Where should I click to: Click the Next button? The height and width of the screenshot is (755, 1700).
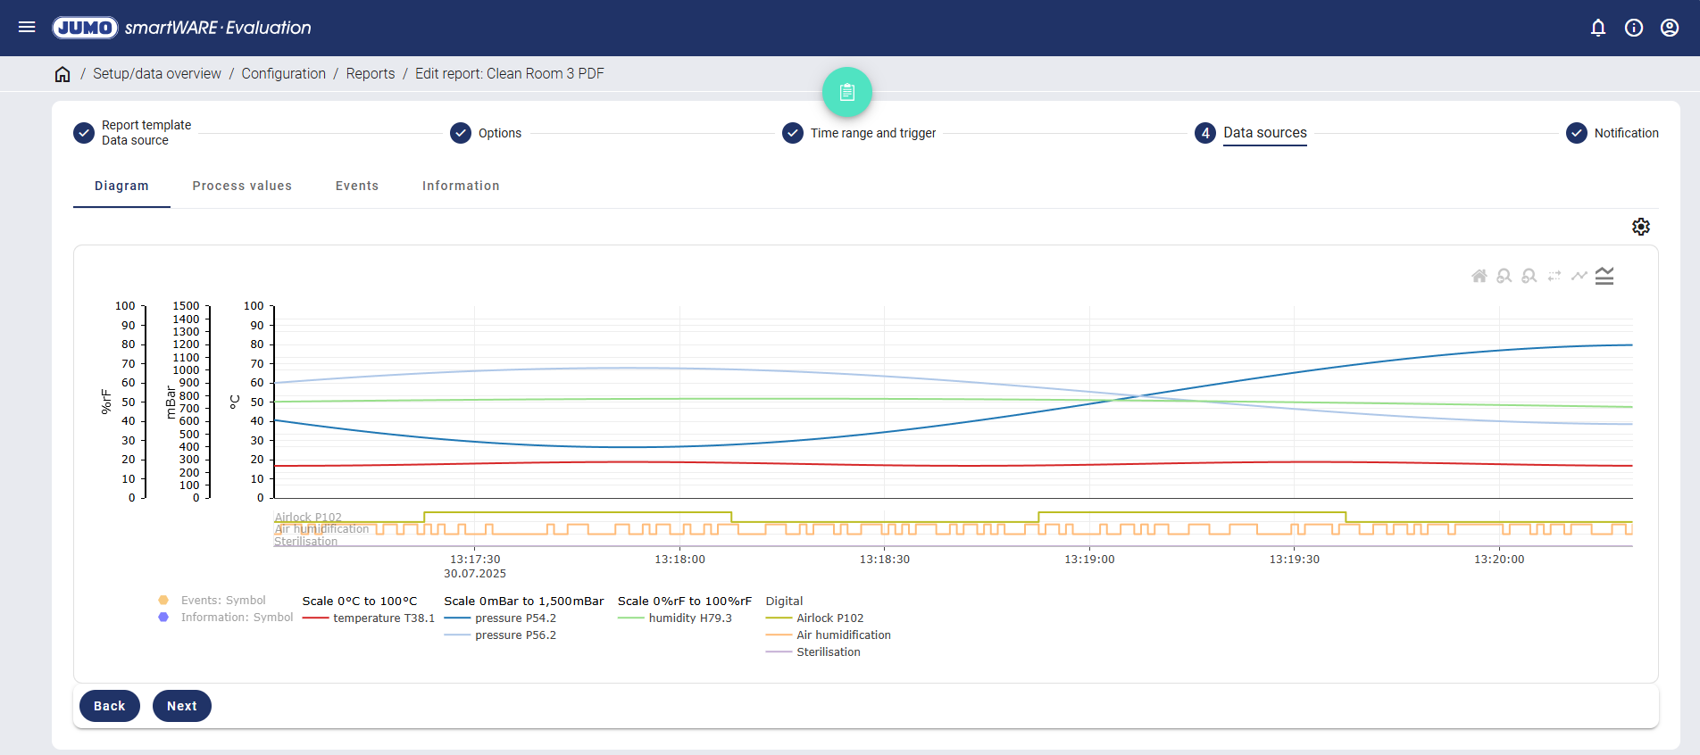coord(181,706)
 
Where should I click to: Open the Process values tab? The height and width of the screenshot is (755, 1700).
coord(242,186)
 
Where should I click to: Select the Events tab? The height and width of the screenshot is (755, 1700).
coord(357,186)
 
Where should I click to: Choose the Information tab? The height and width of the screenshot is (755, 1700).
coord(461,186)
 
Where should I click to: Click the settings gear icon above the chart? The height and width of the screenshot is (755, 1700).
coord(1641,227)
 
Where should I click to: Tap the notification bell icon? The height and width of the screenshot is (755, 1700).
coord(1598,28)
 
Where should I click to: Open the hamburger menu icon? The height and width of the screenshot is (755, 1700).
coord(27,28)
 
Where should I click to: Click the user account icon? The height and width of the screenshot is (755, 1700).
coord(1670,28)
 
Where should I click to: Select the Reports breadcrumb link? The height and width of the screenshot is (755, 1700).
coord(371,74)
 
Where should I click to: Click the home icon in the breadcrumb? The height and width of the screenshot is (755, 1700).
coord(62,74)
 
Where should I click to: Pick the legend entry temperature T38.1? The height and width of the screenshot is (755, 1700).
coord(383,618)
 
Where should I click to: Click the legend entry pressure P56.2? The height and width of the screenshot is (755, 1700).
coord(515,635)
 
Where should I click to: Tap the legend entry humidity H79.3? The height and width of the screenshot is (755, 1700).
coord(689,618)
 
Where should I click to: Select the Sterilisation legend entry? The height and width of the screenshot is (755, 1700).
coord(828,652)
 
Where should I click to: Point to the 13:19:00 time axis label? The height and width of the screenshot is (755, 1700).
coord(1089,560)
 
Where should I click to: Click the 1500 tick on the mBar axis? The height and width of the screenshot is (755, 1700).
coord(186,306)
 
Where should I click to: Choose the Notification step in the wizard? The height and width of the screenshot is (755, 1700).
coord(1626,133)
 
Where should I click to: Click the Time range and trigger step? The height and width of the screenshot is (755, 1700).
coord(872,133)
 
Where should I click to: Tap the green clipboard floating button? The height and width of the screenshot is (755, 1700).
coord(847,92)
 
